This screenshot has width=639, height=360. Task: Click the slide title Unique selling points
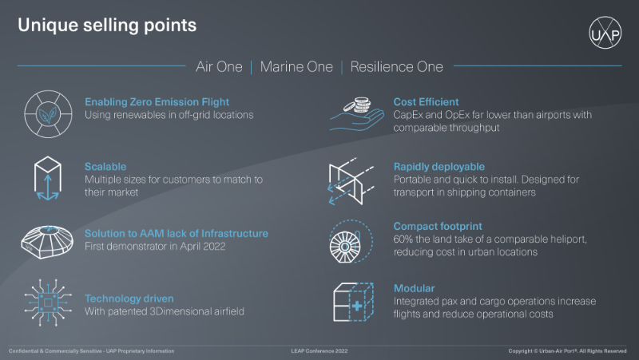tap(107, 25)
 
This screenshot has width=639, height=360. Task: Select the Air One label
tap(219, 67)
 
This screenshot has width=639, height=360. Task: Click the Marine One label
tap(296, 67)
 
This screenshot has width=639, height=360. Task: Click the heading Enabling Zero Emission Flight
tap(157, 102)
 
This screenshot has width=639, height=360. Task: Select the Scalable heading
tap(105, 167)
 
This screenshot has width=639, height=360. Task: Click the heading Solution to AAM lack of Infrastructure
tap(177, 234)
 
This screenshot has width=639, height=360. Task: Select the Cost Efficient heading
tap(426, 102)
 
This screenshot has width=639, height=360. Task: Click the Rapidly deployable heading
tap(439, 167)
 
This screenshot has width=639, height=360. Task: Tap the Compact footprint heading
tap(437, 227)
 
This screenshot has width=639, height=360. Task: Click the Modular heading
tap(414, 287)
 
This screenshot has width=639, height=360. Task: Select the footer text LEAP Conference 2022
tap(319, 350)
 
